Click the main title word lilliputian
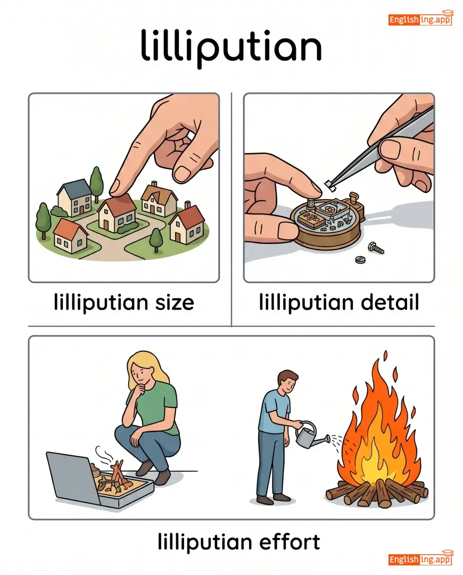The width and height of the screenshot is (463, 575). pos(231,47)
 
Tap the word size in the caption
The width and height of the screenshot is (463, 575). pos(175,303)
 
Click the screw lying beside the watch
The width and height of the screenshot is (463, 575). pos(376,248)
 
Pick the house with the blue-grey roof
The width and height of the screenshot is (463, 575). pos(75,198)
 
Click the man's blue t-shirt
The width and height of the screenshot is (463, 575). pos(275,411)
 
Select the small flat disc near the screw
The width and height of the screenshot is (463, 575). pos(360,260)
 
